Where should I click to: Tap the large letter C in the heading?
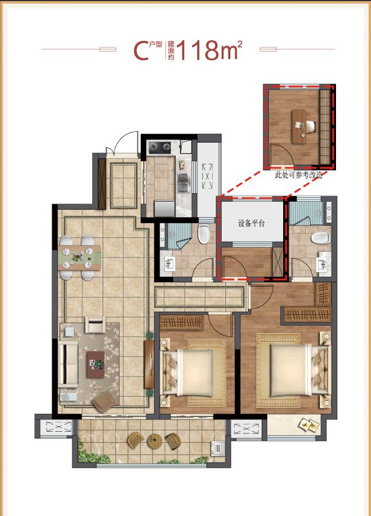(x=141, y=50)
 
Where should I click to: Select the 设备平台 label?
(x=251, y=223)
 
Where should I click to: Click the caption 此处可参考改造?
(x=299, y=175)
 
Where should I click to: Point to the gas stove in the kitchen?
(x=160, y=148)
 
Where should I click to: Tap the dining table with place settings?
(x=79, y=258)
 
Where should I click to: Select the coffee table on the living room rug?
(x=96, y=364)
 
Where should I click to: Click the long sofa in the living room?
(x=68, y=363)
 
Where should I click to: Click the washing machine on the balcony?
(x=218, y=448)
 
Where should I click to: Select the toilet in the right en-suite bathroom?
(x=320, y=238)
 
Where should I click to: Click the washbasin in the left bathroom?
(x=170, y=264)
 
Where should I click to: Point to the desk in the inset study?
(x=299, y=126)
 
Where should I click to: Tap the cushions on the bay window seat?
(x=309, y=426)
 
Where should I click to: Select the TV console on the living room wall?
(x=149, y=364)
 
